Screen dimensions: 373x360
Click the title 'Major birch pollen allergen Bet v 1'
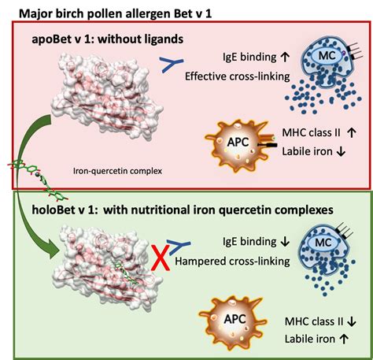coord(115,13)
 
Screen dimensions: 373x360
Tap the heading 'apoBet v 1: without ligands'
coord(108,39)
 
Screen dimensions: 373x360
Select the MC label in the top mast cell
coord(327,55)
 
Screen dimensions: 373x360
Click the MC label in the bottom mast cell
coord(323,242)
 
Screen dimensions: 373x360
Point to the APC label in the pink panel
coord(238,142)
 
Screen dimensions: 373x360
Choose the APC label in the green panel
coord(235,319)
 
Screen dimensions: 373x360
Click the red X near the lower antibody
coord(161,260)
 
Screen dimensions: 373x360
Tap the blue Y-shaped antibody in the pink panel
coord(172,65)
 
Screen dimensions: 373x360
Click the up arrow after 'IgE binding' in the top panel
coord(285,57)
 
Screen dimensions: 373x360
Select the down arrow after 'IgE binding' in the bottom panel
coord(285,241)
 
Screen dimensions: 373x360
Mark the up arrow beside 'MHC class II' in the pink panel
coord(352,132)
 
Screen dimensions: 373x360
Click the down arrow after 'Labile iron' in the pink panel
coord(341,151)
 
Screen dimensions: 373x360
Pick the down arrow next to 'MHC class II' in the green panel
coord(352,321)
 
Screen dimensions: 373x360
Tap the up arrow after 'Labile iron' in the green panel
coord(344,339)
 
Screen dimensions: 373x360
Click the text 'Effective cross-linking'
coord(238,76)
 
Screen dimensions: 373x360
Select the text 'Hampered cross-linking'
coord(232,262)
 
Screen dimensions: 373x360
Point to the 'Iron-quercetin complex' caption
coord(117,171)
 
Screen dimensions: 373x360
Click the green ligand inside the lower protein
coord(127,273)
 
